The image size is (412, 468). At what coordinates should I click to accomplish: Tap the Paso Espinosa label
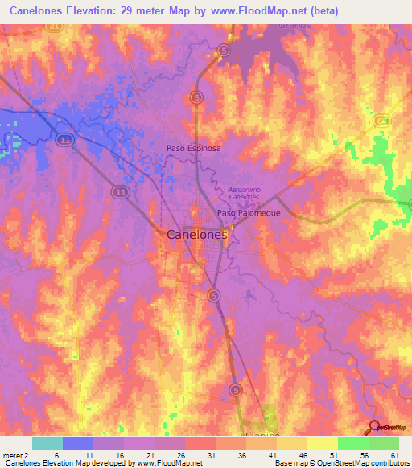193,149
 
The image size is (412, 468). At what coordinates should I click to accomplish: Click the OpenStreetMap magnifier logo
374,427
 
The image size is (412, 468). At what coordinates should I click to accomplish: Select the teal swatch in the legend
47,443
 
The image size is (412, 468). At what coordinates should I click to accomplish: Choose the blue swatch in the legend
77,443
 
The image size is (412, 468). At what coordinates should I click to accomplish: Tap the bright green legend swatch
352,443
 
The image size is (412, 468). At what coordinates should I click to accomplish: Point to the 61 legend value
393,454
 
